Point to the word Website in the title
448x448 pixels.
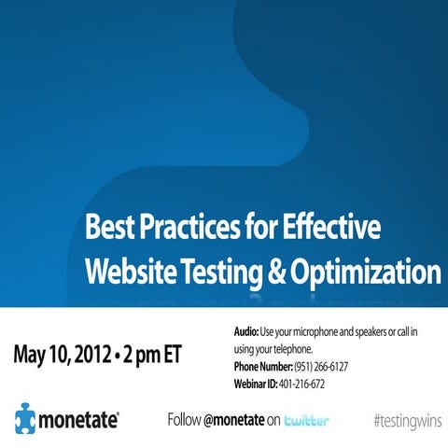(x=130, y=272)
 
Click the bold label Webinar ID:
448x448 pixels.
(x=261, y=384)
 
